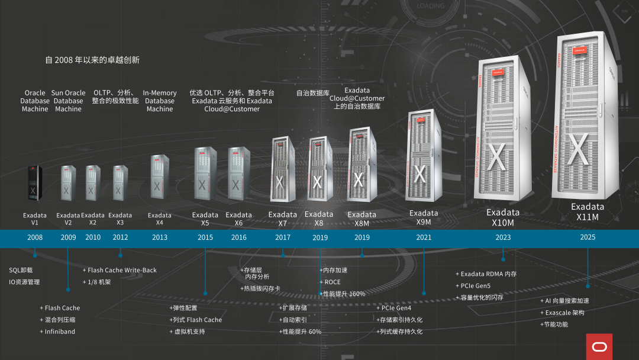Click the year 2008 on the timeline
(35, 237)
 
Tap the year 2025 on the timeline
(588, 237)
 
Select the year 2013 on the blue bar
(160, 237)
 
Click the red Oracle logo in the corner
(599, 346)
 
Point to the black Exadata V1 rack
(33, 184)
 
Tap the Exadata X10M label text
(503, 217)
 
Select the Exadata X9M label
(424, 217)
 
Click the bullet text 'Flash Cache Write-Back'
(122, 270)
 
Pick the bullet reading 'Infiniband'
(60, 332)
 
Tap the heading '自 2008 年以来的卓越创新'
(92, 60)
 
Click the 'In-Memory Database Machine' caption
(160, 101)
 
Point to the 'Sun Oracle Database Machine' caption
(69, 101)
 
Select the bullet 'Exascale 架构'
(564, 313)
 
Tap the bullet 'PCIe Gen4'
(396, 308)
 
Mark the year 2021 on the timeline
(424, 237)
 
